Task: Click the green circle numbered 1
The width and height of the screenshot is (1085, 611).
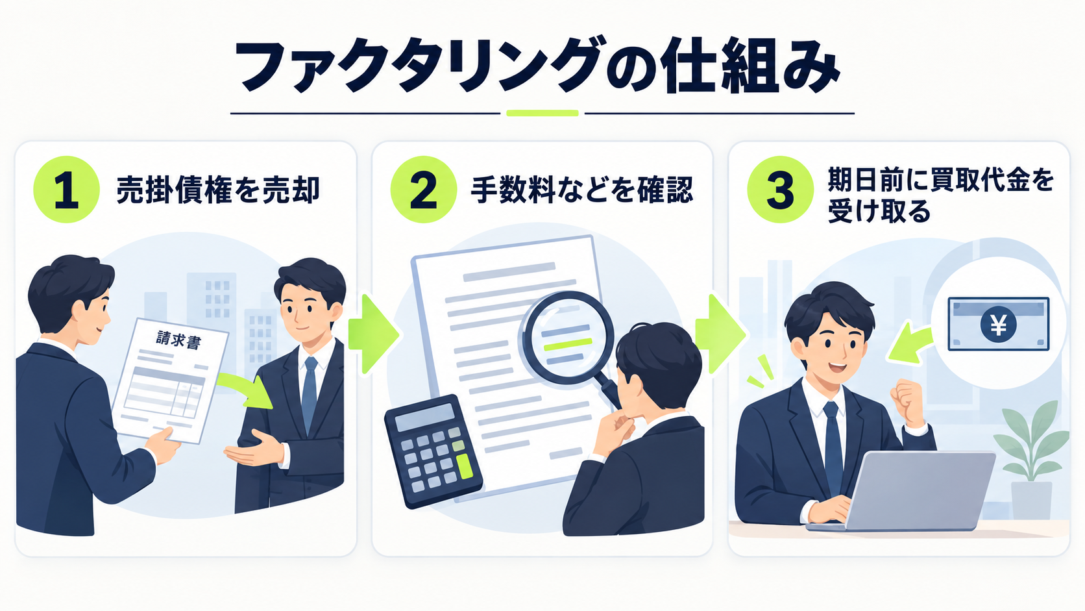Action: point(66,190)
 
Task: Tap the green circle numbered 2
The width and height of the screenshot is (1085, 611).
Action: point(423,190)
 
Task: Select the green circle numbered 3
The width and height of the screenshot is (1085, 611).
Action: point(780,190)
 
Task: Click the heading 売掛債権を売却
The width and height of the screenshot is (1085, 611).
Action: point(218,190)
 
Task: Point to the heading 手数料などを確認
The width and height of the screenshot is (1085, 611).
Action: point(581,190)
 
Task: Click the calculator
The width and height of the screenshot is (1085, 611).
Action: point(433,451)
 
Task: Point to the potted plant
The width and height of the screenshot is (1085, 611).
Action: point(1032,460)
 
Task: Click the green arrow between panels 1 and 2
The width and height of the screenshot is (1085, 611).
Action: point(373,334)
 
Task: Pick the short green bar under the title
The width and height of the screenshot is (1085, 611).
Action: point(542,113)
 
